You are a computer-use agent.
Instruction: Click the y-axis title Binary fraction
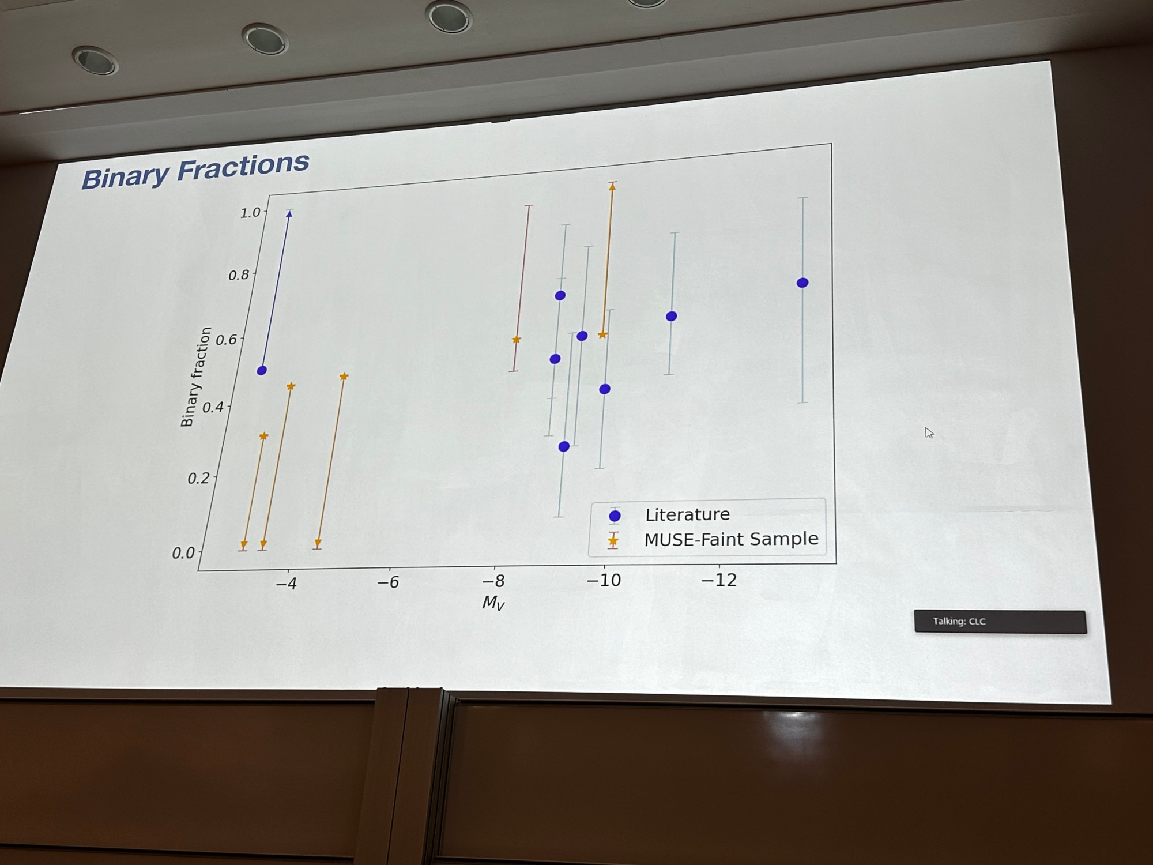pyautogui.click(x=195, y=377)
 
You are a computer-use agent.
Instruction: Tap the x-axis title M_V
pyautogui.click(x=493, y=603)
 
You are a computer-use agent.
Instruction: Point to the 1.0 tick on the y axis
pyautogui.click(x=251, y=213)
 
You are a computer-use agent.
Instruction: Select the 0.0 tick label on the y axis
pyautogui.click(x=184, y=553)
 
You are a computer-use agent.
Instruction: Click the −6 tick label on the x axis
pyautogui.click(x=388, y=582)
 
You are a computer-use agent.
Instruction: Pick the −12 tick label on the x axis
pyautogui.click(x=719, y=580)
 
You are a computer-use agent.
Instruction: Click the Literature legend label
pyautogui.click(x=687, y=514)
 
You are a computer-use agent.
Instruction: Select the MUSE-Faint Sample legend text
pyautogui.click(x=731, y=539)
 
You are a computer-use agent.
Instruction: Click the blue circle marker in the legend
pyautogui.click(x=615, y=516)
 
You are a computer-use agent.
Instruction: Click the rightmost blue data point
pyautogui.click(x=802, y=283)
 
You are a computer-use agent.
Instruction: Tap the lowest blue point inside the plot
pyautogui.click(x=564, y=446)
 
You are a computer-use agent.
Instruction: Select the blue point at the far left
pyautogui.click(x=261, y=370)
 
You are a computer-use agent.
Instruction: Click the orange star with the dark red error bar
pyautogui.click(x=516, y=340)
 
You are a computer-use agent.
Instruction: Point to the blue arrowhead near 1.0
pyautogui.click(x=289, y=214)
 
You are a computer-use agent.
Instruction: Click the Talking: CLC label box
pyautogui.click(x=1000, y=621)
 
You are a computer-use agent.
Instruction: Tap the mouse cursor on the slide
pyautogui.click(x=929, y=432)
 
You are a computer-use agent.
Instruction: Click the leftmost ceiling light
pyautogui.click(x=95, y=60)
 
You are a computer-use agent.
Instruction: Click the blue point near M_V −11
pyautogui.click(x=671, y=316)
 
